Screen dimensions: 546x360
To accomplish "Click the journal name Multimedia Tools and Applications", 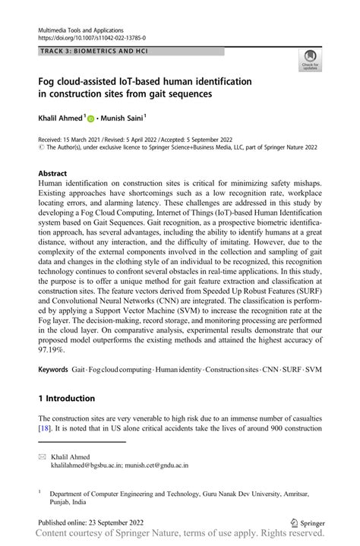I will click(86, 28).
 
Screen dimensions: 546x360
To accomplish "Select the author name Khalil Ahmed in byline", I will click(60, 118).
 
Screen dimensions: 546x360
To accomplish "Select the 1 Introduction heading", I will click(67, 399).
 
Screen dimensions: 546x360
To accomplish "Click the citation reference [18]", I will click(46, 428).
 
